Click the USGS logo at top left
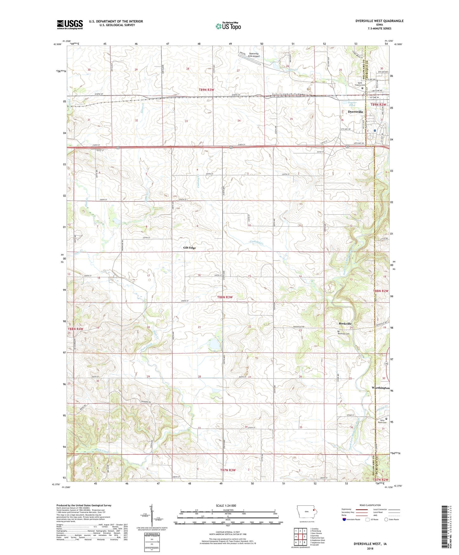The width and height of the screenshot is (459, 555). click(70, 24)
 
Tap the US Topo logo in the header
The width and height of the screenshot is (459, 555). click(228, 26)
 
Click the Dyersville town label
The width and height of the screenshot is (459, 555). click(355, 112)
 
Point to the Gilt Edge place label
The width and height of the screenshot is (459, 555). click(189, 248)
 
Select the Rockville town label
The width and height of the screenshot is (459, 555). click(345, 323)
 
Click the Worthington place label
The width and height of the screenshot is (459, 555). click(380, 388)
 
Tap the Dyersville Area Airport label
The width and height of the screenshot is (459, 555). click(254, 55)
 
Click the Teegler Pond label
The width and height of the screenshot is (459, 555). click(352, 104)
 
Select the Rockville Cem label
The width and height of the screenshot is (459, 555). click(343, 333)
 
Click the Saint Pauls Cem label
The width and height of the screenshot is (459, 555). click(382, 421)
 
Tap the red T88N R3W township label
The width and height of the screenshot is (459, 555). click(225, 297)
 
